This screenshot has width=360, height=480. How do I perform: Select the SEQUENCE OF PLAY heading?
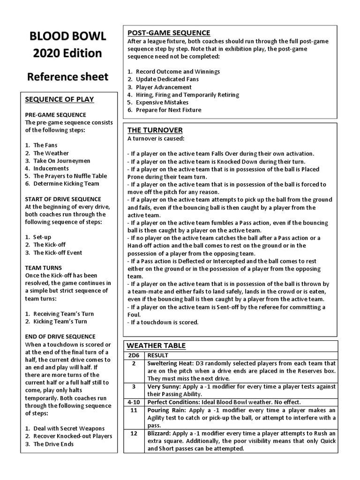[x=59, y=99]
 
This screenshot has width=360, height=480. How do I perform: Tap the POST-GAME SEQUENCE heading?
[x=169, y=33]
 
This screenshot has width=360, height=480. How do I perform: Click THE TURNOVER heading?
[x=155, y=130]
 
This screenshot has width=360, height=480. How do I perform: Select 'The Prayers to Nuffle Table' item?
[x=70, y=176]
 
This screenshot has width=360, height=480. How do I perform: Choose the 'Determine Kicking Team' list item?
[x=66, y=184]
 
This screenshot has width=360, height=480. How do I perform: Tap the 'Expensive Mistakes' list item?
[x=162, y=102]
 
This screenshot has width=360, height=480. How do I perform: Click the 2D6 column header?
[x=134, y=356]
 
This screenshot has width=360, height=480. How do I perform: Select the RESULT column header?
[x=157, y=356]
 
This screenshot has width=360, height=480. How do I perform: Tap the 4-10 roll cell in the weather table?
[x=134, y=402]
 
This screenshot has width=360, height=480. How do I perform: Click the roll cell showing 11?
[x=134, y=410]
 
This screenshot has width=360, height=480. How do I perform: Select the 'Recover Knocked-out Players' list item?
[x=73, y=436]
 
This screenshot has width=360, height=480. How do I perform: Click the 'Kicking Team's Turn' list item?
[x=63, y=322]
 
